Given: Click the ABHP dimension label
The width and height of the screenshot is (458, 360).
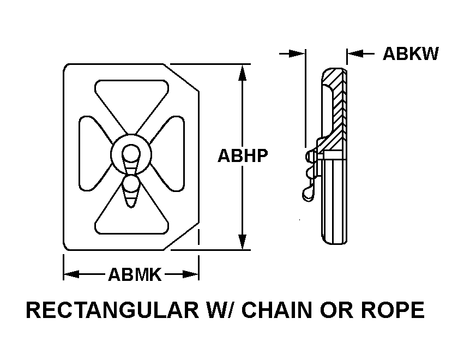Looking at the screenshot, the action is pyautogui.click(x=243, y=155).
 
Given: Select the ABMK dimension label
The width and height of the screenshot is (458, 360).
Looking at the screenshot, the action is pyautogui.click(x=135, y=274).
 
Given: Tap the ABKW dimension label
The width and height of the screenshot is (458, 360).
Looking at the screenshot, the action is pyautogui.click(x=411, y=54).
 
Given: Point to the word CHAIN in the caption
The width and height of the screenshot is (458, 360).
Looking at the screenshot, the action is pyautogui.click(x=277, y=310).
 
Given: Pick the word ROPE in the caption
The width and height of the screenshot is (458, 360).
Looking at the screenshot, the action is pyautogui.click(x=393, y=310).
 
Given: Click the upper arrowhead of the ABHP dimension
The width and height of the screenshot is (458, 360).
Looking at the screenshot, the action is pyautogui.click(x=242, y=73).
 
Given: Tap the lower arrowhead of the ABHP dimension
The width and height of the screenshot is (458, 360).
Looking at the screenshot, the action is pyautogui.click(x=242, y=241).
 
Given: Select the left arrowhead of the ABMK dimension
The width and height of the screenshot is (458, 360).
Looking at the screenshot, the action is pyautogui.click(x=71, y=274).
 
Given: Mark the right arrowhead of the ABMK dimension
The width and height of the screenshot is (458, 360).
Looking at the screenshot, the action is pyautogui.click(x=191, y=274).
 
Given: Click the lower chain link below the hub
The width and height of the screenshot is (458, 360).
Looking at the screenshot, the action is pyautogui.click(x=131, y=191).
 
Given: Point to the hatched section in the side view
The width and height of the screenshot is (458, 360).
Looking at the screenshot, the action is pyautogui.click(x=336, y=111).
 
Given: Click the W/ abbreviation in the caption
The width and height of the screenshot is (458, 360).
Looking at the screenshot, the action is pyautogui.click(x=221, y=310).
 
